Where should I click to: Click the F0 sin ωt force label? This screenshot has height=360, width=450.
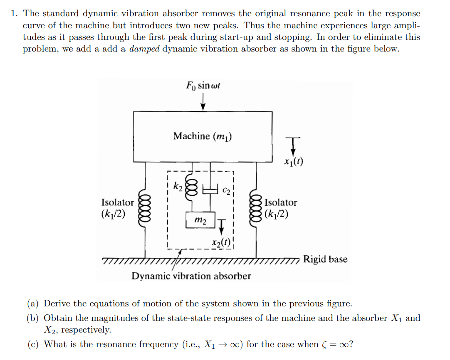coord(203,86)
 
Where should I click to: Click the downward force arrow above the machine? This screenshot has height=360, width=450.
coord(203,102)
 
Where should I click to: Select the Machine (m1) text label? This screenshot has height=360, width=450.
coord(203,136)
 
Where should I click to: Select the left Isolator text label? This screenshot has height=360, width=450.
coord(118,202)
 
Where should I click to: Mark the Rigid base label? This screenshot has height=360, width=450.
coord(325,259)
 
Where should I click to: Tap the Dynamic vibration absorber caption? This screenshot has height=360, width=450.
coord(191,276)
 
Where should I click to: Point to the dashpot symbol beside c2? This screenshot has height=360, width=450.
coord(210,190)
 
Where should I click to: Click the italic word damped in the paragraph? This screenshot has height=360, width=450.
coord(144,49)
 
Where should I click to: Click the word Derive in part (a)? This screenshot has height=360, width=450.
coord(56,303)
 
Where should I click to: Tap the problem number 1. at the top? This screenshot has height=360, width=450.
coord(14,14)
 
